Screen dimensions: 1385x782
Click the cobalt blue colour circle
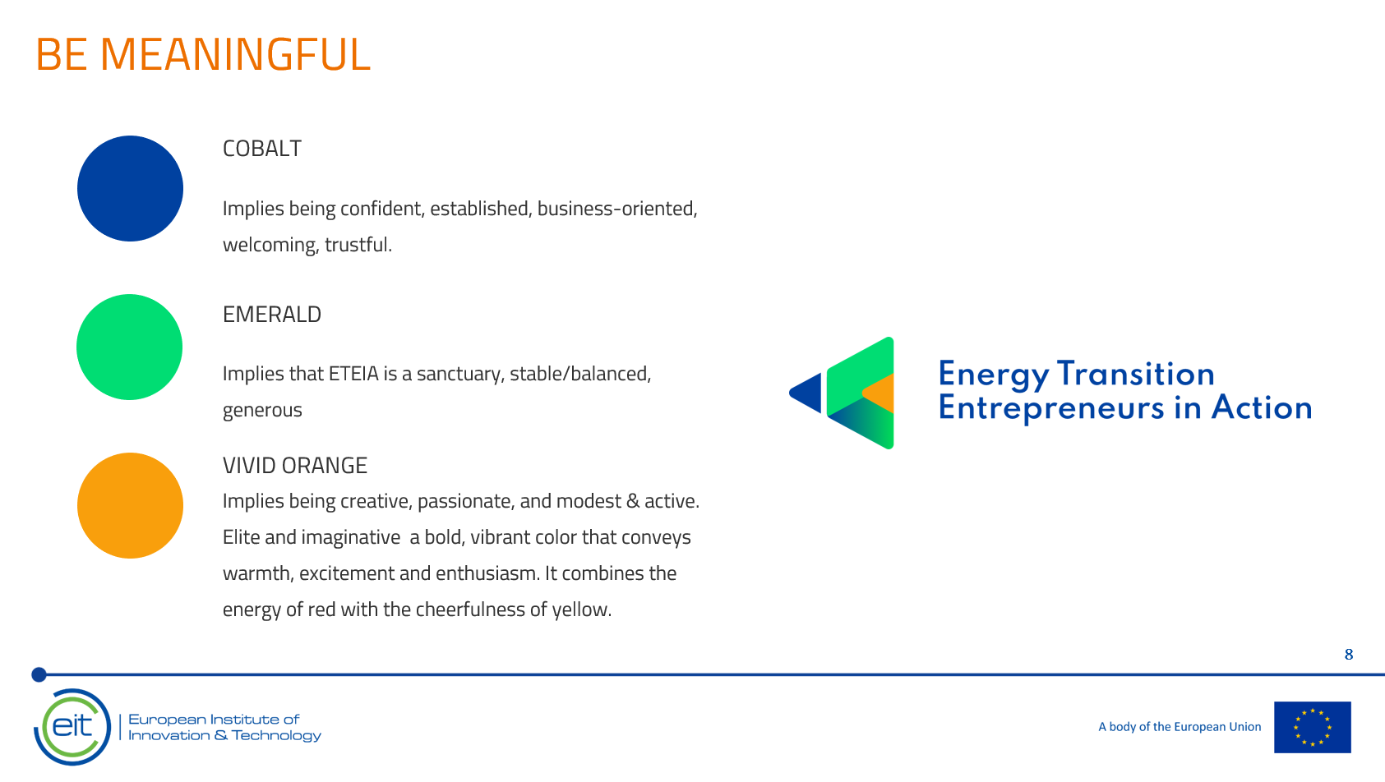tap(130, 188)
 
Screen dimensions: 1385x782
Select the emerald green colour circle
tap(129, 347)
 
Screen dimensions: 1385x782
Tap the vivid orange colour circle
tap(130, 505)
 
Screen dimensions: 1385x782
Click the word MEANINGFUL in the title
tap(235, 54)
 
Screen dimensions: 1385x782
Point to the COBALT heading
tap(261, 148)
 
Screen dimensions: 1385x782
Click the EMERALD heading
tap(271, 315)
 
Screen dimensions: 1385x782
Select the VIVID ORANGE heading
tap(295, 465)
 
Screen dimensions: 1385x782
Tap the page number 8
tap(1349, 654)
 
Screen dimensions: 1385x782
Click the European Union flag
tap(1312, 727)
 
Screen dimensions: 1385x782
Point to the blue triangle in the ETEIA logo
tap(806, 393)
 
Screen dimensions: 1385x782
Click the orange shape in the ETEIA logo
tap(879, 393)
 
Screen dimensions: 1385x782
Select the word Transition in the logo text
tap(1136, 374)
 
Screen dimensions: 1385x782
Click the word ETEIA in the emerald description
tap(353, 374)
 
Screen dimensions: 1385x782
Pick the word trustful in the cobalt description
tap(358, 245)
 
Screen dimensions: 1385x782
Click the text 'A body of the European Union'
tap(1180, 727)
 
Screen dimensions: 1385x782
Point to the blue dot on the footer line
tap(39, 674)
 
